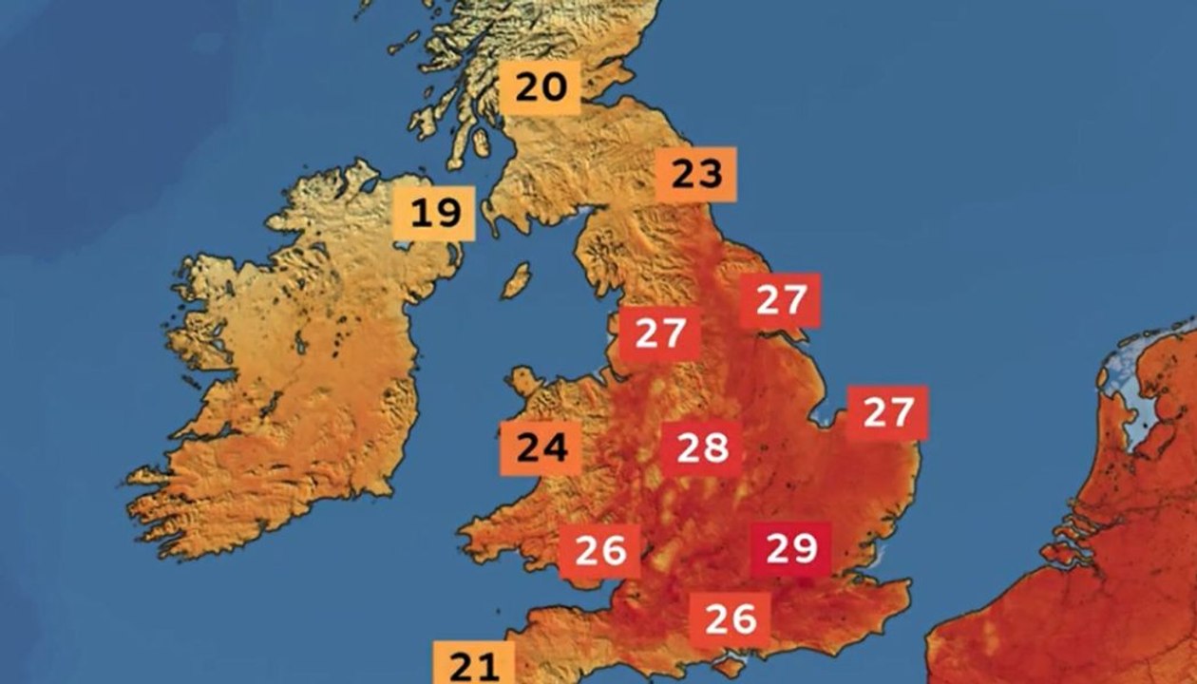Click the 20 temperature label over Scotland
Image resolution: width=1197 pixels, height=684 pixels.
[x=541, y=87]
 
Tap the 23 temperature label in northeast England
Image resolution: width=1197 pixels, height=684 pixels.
[x=696, y=175]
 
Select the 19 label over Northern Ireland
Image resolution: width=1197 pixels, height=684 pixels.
[x=434, y=213]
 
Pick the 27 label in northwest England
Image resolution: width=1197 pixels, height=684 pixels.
[x=660, y=333]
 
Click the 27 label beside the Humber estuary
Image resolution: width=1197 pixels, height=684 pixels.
[x=781, y=301]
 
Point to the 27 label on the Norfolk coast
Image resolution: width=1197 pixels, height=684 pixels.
[x=887, y=413]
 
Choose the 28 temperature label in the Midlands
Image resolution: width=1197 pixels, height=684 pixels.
[x=702, y=447]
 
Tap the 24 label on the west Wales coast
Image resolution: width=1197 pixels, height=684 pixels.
[x=541, y=447]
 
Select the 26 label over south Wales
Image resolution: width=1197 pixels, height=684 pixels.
[x=599, y=551]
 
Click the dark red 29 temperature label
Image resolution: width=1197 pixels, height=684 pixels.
[x=791, y=549]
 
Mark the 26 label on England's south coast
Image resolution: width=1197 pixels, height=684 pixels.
[x=731, y=619]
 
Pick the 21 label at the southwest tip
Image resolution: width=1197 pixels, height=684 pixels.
[x=474, y=664]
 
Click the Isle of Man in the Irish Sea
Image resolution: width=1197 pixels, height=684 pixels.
[x=517, y=280]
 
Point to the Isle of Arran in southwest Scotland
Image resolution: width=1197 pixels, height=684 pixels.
[x=482, y=142]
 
